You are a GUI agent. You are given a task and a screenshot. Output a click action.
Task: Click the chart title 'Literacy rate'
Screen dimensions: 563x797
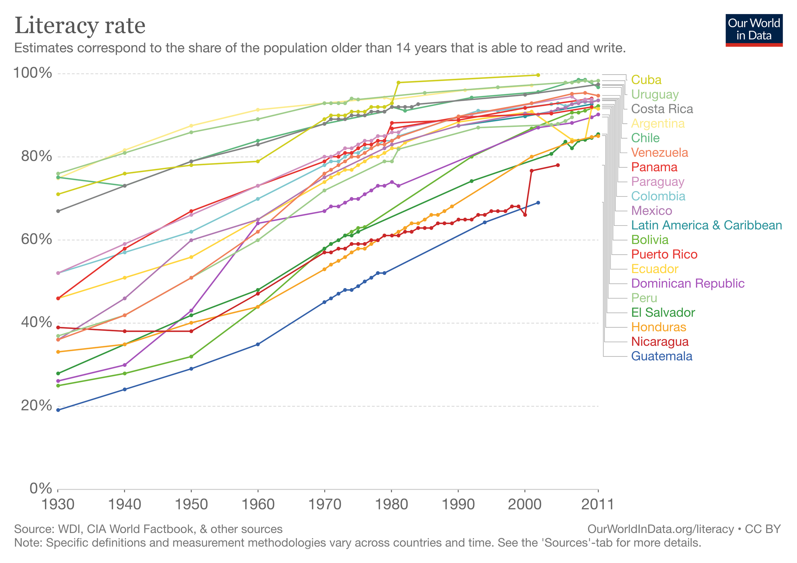80,26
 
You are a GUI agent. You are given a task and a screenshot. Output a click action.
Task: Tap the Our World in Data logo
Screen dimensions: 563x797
754,30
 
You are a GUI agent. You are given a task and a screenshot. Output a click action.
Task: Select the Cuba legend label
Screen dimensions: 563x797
646,80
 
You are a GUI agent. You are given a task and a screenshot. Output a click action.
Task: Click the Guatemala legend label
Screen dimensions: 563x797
662,356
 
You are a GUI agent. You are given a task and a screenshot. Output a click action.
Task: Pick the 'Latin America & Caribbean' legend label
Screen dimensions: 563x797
706,226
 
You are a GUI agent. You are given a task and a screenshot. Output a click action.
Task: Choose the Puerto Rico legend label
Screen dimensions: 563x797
664,255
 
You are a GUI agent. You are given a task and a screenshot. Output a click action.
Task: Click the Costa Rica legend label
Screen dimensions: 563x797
662,109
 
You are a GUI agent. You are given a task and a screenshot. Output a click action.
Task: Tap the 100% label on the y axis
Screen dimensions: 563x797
32,73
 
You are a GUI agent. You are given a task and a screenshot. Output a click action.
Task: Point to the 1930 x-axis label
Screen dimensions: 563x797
58,505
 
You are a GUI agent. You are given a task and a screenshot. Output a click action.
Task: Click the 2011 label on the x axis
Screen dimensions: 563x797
597,505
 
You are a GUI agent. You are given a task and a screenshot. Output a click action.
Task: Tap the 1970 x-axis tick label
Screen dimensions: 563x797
325,505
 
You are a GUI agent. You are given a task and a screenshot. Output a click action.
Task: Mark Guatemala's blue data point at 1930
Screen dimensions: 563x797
58,410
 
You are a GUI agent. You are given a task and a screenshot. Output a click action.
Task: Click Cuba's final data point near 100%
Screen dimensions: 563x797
538,75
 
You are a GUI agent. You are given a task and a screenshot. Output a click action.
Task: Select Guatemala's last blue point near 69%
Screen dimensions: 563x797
538,203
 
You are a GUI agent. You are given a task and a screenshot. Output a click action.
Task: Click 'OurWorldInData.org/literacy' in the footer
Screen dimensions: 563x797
660,529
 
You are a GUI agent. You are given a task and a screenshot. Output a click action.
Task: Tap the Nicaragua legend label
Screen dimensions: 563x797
660,342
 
